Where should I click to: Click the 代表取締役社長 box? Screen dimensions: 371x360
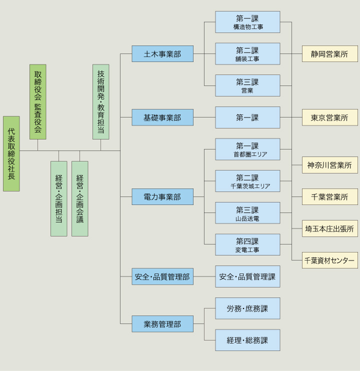point(11,153)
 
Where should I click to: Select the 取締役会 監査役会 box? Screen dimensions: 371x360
point(37,101)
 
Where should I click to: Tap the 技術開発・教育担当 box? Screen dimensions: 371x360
point(100,101)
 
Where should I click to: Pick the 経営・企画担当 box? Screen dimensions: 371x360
point(58,198)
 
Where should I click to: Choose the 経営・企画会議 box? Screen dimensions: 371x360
point(79,198)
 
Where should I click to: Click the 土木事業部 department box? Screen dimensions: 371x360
point(162,54)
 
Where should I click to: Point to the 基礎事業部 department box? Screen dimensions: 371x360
point(162,117)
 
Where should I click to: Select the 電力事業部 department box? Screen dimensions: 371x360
point(162,197)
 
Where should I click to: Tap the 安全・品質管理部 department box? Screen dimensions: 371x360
point(162,276)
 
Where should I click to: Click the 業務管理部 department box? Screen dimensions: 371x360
point(162,324)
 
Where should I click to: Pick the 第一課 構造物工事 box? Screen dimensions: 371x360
point(247,22)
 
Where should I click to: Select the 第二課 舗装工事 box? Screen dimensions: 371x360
point(247,54)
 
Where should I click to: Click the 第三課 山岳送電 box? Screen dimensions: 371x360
point(247,213)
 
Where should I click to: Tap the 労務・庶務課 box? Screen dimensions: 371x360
point(247,308)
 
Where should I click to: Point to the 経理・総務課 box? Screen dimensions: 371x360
point(247,340)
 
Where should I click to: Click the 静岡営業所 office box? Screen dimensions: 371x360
point(329,54)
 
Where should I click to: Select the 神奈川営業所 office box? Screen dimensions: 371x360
point(329,165)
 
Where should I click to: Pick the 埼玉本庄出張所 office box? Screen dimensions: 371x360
point(329,228)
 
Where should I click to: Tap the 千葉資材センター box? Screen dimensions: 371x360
point(329,260)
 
